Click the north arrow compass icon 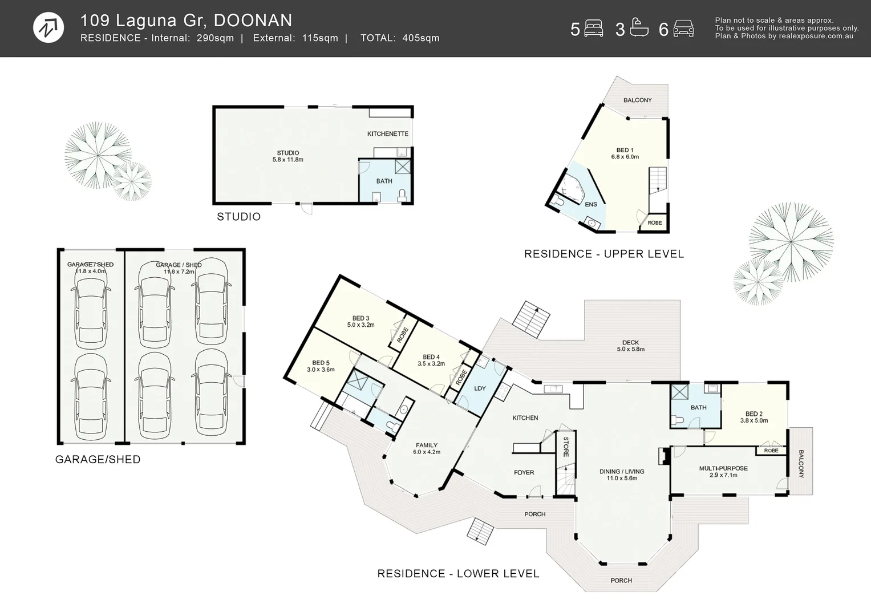48,27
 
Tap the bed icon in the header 594,29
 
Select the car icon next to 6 683,29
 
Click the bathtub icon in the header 639,28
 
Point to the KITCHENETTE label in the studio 387,134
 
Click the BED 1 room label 625,153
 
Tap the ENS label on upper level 591,204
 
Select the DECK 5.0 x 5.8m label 630,346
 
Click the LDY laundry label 480,388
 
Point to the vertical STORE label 566,447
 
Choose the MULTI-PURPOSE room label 723,471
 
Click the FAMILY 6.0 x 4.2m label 427,448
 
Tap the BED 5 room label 321,366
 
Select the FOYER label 524,472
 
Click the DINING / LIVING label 622,475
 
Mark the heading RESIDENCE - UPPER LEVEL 603,254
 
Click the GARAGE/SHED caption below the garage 98,460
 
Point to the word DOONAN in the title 253,21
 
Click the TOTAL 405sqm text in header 400,38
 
